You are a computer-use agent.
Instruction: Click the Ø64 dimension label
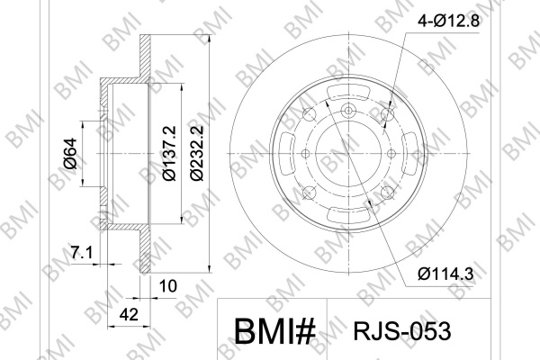(70, 154)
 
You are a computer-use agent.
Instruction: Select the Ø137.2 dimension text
(169, 153)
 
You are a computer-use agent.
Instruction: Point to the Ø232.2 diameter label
(197, 153)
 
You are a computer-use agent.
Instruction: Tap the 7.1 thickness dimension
(82, 253)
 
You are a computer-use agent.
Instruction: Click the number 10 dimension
(168, 286)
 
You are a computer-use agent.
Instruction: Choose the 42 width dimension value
(129, 314)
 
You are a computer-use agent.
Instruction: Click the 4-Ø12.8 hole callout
(448, 22)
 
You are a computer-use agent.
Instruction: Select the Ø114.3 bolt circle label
(446, 274)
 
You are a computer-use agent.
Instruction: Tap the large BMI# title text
(274, 331)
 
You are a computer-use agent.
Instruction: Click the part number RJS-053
(402, 331)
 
